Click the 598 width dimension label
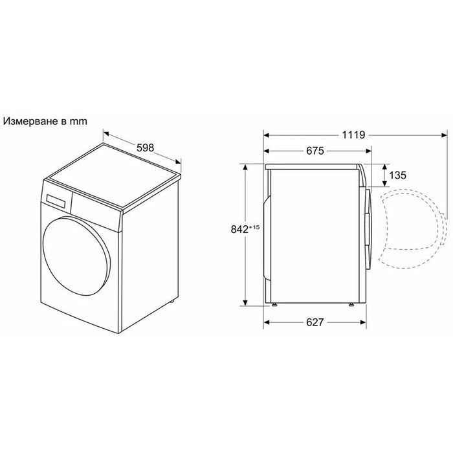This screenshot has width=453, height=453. [x=146, y=148]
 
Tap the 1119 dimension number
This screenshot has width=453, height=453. [x=353, y=135]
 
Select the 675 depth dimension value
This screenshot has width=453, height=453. [x=315, y=151]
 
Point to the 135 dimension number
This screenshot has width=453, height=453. [x=397, y=175]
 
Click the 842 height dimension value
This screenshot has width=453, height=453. [x=240, y=229]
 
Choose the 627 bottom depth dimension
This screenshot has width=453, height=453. [x=315, y=322]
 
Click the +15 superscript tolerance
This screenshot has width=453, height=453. [x=254, y=227]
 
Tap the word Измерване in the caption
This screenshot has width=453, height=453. [x=30, y=122]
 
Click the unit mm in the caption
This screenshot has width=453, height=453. [x=78, y=122]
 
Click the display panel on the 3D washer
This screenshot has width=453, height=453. [x=56, y=201]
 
